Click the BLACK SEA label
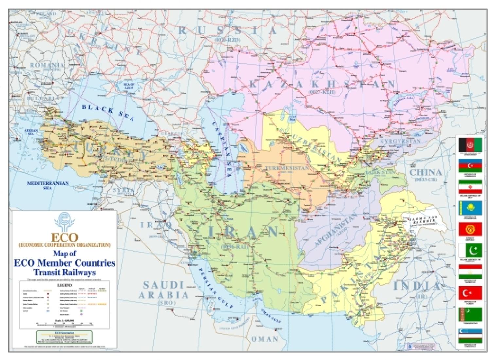(108, 113)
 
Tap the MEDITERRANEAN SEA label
(47, 186)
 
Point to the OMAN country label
(265, 339)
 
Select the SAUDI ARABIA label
(164, 290)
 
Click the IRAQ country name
(156, 225)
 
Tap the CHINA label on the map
(426, 172)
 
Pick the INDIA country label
(417, 286)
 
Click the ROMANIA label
(47, 65)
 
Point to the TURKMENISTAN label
(287, 168)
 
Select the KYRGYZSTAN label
(400, 141)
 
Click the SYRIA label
(123, 190)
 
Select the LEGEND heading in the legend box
(64, 285)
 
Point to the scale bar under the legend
(64, 323)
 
